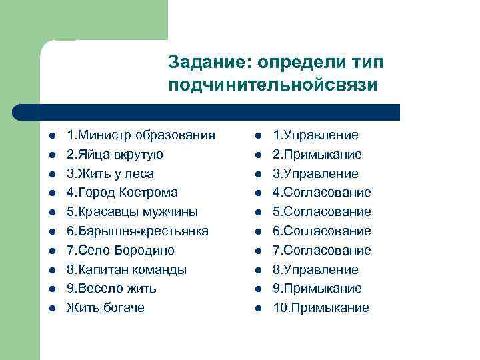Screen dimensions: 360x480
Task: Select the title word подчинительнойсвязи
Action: tap(273, 85)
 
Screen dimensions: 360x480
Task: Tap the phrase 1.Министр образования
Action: tap(141, 135)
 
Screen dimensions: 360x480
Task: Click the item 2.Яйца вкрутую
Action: tap(115, 155)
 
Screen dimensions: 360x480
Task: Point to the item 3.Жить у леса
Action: tap(110, 174)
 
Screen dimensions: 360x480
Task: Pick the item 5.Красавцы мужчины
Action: tap(132, 212)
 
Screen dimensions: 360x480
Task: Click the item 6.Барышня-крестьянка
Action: tap(137, 231)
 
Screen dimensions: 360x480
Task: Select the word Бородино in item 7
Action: tap(143, 251)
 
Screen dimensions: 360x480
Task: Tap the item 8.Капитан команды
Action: tap(127, 270)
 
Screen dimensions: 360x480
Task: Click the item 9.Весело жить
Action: tap(111, 289)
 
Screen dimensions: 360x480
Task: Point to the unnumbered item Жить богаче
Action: tap(105, 308)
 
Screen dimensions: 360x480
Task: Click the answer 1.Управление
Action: tap(315, 135)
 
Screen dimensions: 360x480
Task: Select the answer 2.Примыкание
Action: tap(317, 155)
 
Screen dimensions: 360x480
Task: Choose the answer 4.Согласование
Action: tap(322, 193)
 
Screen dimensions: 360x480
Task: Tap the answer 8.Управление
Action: tap(315, 270)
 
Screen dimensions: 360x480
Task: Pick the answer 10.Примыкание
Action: tap(321, 308)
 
